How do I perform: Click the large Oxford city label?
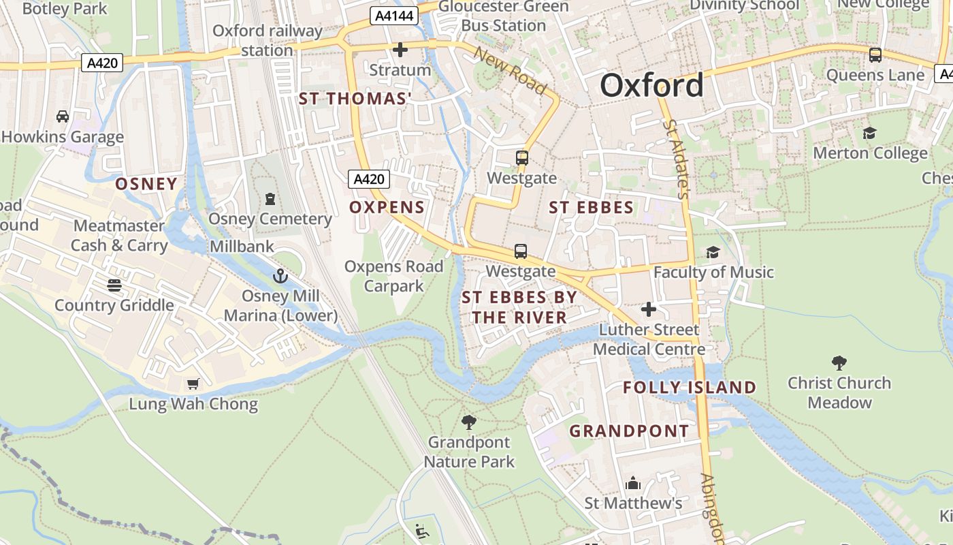pos(651,86)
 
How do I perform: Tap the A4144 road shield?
pos(393,16)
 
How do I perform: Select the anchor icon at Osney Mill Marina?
pos(280,276)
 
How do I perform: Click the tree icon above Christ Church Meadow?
pos(839,363)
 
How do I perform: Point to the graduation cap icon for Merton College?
pos(869,133)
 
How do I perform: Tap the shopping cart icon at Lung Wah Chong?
pos(193,384)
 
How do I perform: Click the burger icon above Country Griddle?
pos(114,285)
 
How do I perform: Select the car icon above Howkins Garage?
pos(63,116)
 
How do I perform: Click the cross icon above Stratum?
pos(400,50)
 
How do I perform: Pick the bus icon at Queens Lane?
pos(875,55)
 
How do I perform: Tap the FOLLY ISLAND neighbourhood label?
pos(690,388)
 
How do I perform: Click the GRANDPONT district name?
pos(629,431)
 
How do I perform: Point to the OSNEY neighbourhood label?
pos(146,184)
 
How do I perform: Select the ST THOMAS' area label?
pos(355,99)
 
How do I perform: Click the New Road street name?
pos(510,70)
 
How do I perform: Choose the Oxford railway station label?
pos(267,40)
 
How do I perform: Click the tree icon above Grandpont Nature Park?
pos(468,422)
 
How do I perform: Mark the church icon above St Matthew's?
pos(633,483)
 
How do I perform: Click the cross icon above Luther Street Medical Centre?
pos(649,309)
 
